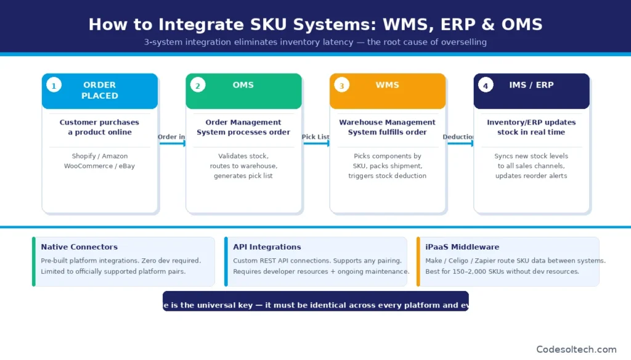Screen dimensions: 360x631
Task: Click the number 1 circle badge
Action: coord(54,86)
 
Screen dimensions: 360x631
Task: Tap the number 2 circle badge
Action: coord(198,86)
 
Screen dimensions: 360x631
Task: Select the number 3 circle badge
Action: coord(341,86)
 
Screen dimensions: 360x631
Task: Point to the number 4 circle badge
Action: coord(486,86)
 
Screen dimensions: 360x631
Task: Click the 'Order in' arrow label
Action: coord(171,137)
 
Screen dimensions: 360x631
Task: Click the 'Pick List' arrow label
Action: coord(315,137)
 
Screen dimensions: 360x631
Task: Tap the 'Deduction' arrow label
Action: coord(459,137)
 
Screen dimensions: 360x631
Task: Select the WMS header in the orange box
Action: coord(387,85)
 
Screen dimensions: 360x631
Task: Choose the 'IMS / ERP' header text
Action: coord(531,85)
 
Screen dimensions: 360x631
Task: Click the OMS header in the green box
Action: coord(243,85)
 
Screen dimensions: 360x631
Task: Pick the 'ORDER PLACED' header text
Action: coord(100,90)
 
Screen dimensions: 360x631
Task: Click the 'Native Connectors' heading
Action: coord(79,247)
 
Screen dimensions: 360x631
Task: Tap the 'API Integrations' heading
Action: coord(267,247)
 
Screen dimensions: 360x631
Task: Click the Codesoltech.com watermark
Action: coord(576,349)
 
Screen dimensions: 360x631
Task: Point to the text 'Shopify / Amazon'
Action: coord(100,157)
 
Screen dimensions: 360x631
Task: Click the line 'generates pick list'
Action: coord(243,176)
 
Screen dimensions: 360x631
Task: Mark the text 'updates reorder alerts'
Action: coord(531,176)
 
